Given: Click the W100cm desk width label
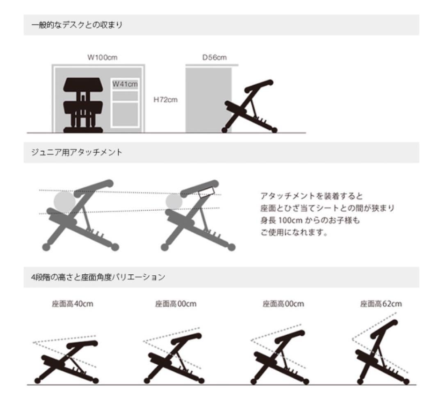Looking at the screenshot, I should (x=102, y=57).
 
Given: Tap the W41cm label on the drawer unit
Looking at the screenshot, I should (x=125, y=84).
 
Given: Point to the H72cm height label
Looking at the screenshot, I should (x=165, y=100).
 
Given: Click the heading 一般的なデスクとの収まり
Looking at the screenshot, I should (x=77, y=25).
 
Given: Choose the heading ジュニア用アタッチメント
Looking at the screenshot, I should (x=77, y=152).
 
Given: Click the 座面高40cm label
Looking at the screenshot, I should (x=73, y=304).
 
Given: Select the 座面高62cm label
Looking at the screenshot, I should (x=381, y=304).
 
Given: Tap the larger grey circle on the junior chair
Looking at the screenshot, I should (x=64, y=201).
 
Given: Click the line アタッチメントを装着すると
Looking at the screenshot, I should (x=311, y=196).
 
